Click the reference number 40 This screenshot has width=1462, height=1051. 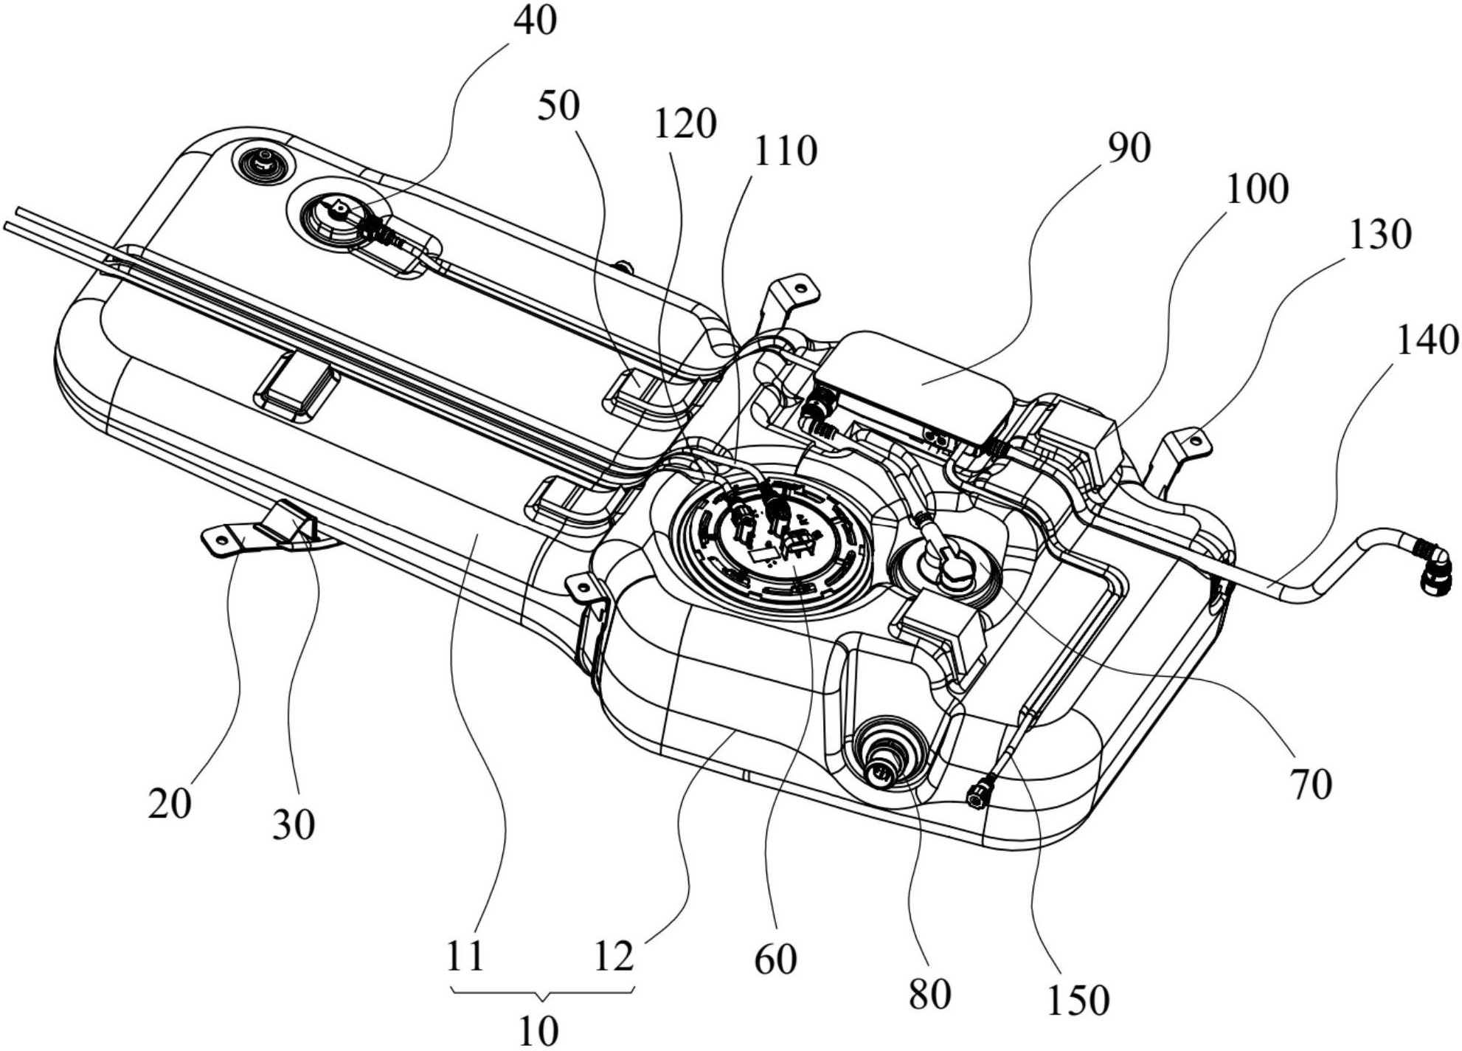[535, 21]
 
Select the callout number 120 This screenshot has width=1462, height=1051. [685, 123]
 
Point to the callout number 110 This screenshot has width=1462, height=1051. [784, 151]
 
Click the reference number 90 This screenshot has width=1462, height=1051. [1129, 148]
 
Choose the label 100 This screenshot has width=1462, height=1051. [1257, 190]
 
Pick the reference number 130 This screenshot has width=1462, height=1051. [1379, 235]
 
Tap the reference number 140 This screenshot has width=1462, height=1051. [1427, 341]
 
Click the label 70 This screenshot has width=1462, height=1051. [1311, 784]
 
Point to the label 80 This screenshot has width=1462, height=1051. [929, 995]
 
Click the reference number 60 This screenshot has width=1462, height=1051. [775, 959]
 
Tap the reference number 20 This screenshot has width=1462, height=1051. [169, 803]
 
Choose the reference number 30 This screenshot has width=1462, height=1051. [293, 824]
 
